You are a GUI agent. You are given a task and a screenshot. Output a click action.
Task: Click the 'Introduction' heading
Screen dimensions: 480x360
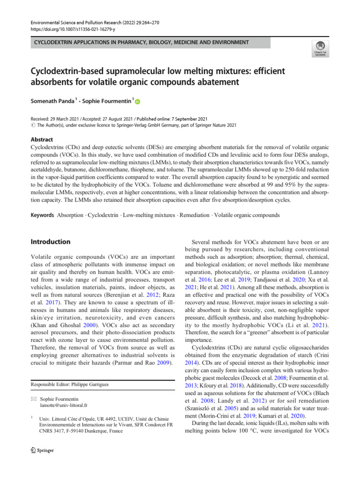pyautogui.click(x=51, y=242)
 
